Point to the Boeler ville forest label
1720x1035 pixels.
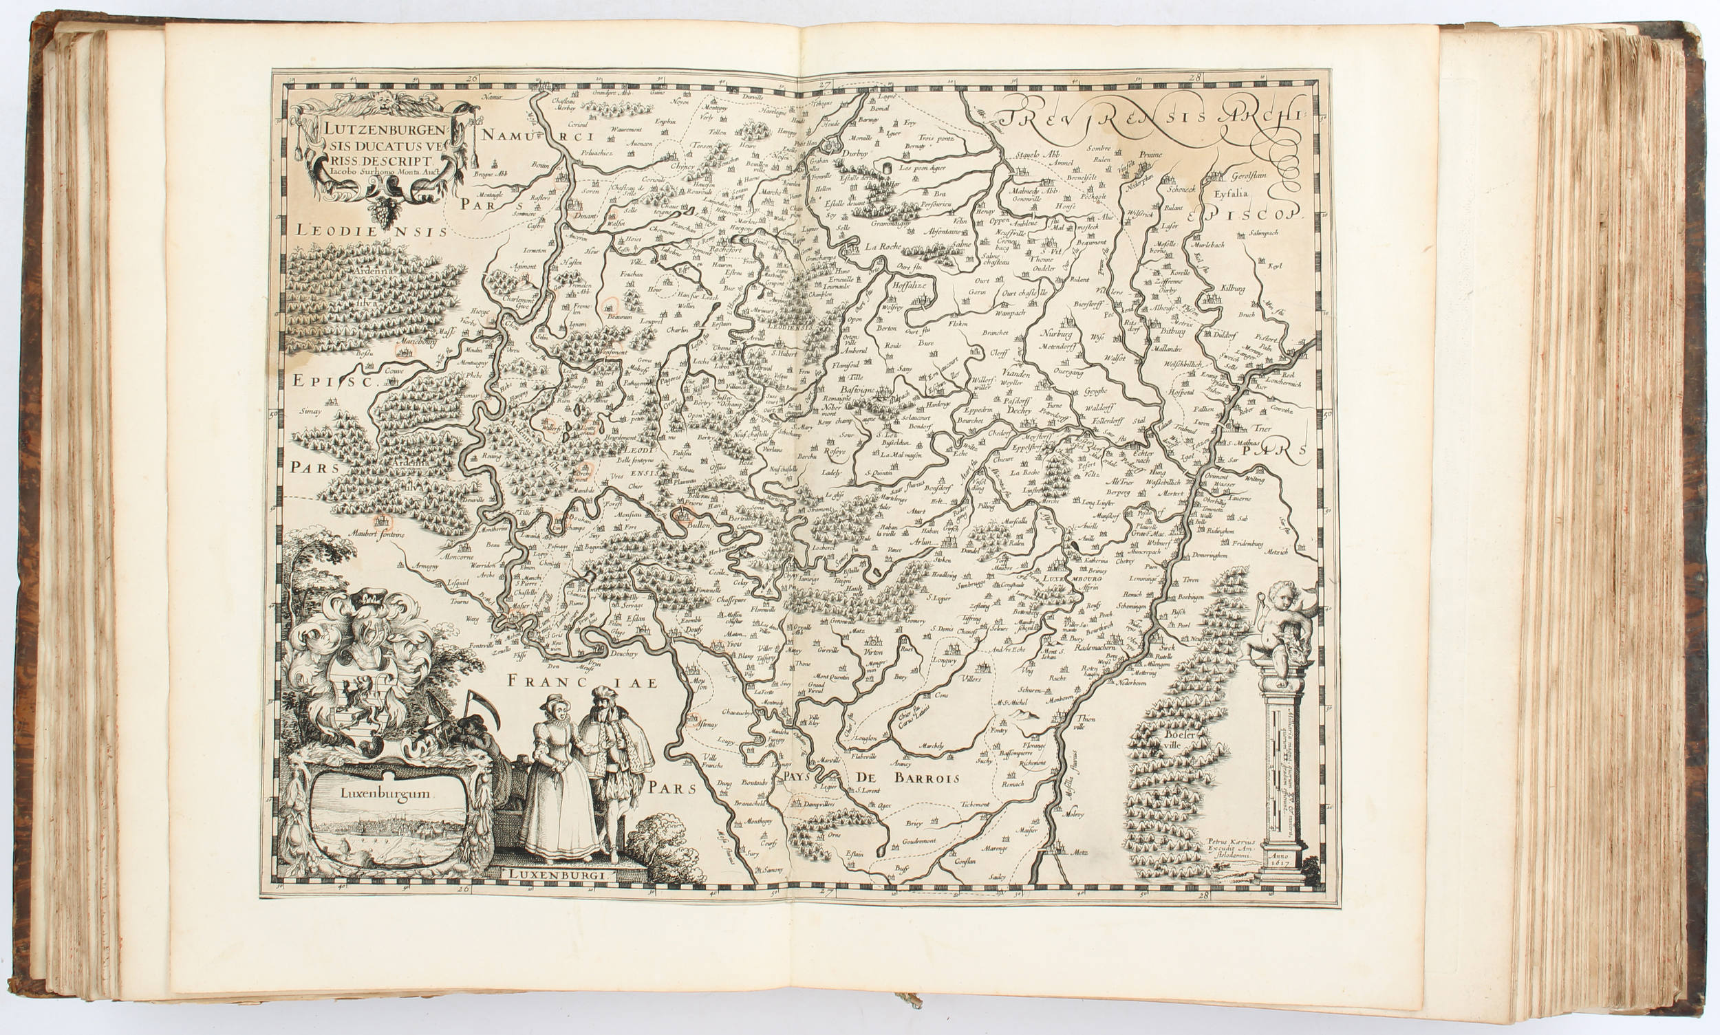[x=1179, y=739]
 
